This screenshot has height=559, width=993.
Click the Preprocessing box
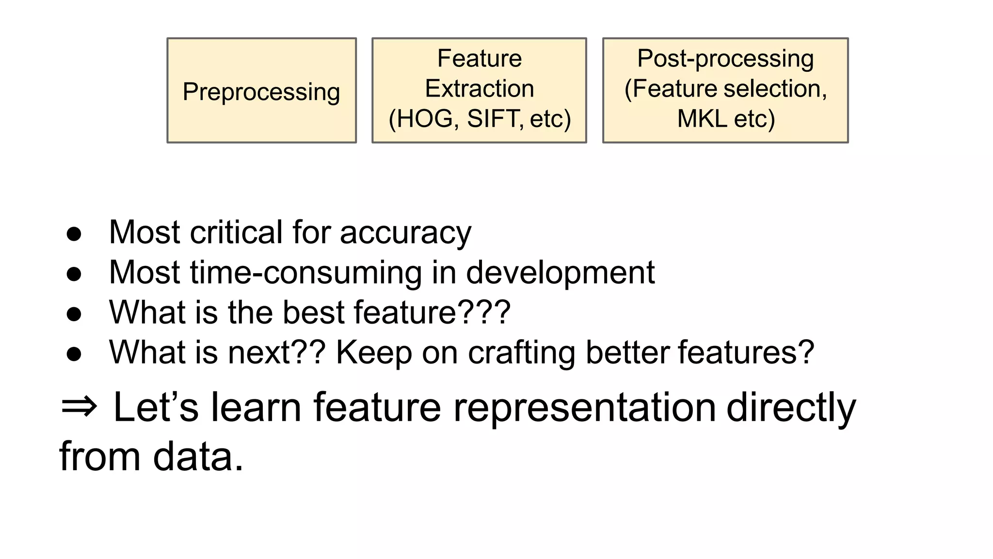click(261, 91)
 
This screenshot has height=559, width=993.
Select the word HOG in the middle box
click(424, 119)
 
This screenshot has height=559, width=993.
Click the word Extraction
click(480, 89)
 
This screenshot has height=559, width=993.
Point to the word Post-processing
click(725, 59)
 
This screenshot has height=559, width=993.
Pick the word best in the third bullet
click(313, 312)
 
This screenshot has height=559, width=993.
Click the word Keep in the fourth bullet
click(373, 353)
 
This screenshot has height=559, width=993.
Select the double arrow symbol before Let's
click(79, 407)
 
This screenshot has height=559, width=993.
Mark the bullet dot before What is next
click(74, 354)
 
